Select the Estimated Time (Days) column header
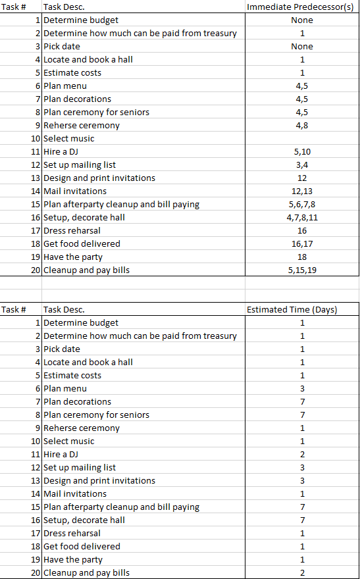292,309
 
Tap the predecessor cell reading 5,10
302,151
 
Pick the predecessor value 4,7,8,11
302,217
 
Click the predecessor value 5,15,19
302,270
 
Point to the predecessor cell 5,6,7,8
302,204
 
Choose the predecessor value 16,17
302,243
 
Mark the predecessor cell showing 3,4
302,164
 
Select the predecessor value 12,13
302,191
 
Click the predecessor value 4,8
302,125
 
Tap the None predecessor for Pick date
302,46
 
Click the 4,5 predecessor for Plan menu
302,86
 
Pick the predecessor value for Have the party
302,257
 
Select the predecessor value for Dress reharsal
302,230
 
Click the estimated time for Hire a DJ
302,454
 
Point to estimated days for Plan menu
302,388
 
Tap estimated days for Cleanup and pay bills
302,572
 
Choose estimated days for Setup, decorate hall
302,520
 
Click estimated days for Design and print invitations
302,480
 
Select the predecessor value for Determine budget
302,20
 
